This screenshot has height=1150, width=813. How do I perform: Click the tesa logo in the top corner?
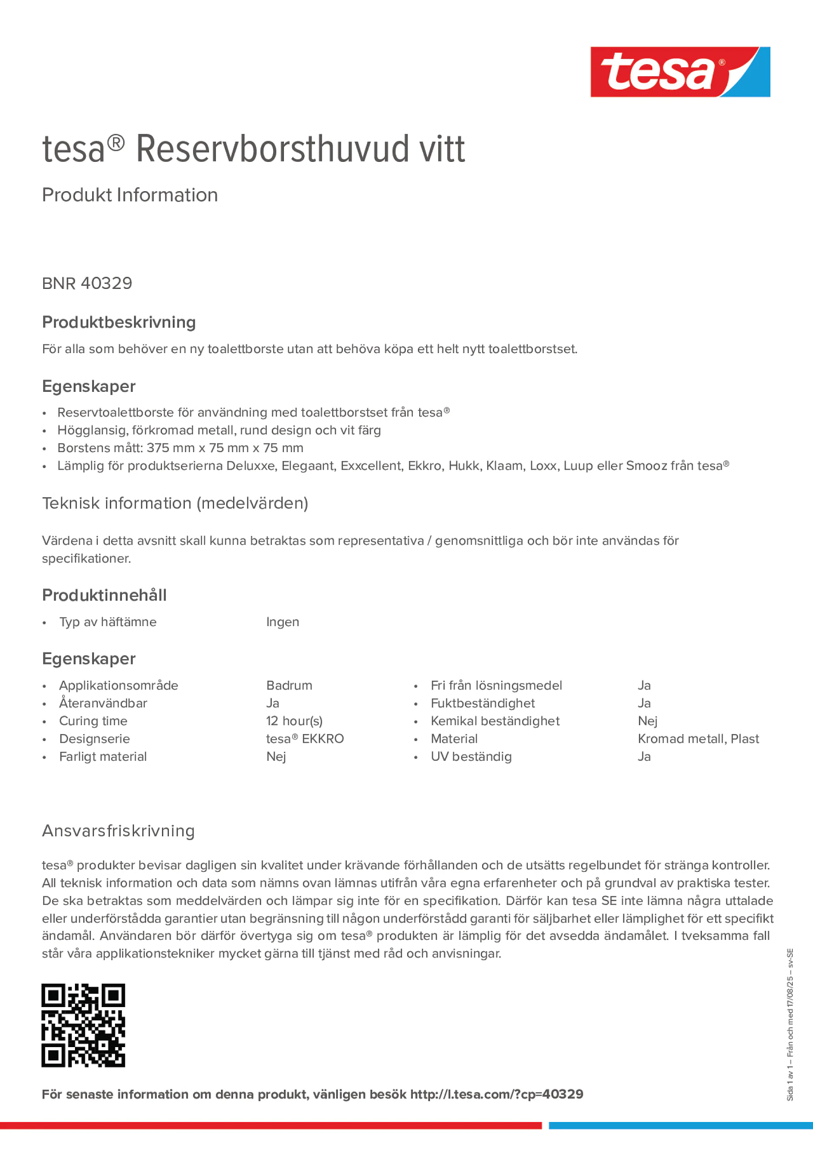click(x=680, y=72)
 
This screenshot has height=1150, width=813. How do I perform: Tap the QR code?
click(x=83, y=1025)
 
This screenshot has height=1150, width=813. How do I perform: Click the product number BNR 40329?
click(x=87, y=283)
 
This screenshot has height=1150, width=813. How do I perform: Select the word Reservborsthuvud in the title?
click(x=273, y=149)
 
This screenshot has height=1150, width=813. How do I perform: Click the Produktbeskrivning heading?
click(x=119, y=322)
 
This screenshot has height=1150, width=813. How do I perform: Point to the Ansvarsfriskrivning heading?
click(x=118, y=831)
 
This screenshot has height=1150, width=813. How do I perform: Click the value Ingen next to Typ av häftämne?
click(x=282, y=622)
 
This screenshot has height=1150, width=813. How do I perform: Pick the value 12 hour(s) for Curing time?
click(x=294, y=721)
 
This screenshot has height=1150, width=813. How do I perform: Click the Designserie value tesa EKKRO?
click(x=305, y=739)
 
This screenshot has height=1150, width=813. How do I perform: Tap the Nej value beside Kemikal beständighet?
click(x=647, y=721)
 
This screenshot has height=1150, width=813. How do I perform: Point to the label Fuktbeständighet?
click(x=482, y=703)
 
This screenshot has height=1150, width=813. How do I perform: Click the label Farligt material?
click(x=103, y=756)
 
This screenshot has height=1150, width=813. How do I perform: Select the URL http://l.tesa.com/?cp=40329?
click(x=496, y=1094)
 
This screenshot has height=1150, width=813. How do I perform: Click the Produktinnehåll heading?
click(x=104, y=595)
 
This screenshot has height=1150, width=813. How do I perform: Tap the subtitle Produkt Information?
click(x=130, y=195)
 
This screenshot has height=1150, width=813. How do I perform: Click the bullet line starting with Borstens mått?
click(x=180, y=448)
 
